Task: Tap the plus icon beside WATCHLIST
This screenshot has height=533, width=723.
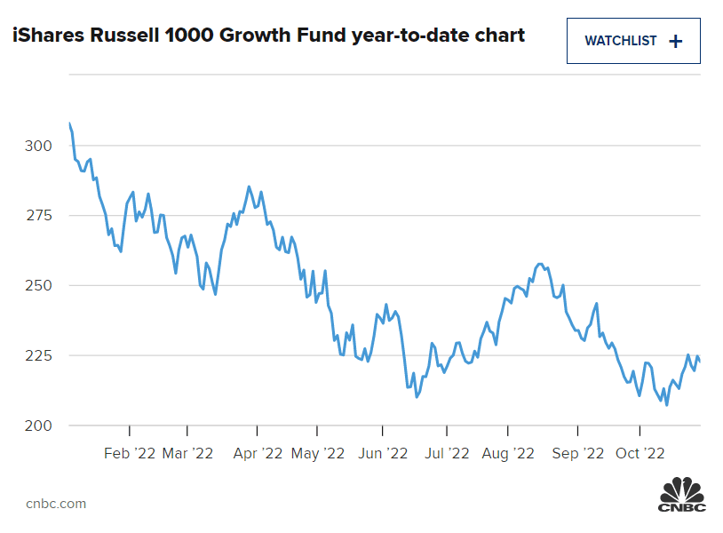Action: coord(675,41)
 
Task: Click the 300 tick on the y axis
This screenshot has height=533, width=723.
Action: coord(41,146)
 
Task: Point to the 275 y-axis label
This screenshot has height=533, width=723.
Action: coord(41,216)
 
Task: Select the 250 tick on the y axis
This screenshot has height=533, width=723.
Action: coord(41,286)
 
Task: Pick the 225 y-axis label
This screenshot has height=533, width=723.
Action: coord(41,355)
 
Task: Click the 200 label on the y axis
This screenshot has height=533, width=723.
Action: coord(41,426)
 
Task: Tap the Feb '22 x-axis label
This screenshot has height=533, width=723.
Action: coord(130,453)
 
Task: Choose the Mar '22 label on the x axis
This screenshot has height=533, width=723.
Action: coord(188,453)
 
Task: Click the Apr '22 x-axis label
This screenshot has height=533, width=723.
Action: coord(257,453)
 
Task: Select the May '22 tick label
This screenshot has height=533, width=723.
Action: coord(318,453)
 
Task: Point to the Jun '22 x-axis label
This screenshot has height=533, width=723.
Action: coord(382,453)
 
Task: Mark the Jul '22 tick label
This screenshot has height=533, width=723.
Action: coord(446,453)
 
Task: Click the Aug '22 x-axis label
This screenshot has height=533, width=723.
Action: coord(508,453)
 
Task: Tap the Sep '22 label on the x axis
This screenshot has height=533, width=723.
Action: coord(577,453)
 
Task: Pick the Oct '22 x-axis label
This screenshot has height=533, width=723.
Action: coord(640,453)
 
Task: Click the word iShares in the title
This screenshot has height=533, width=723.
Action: coord(42,36)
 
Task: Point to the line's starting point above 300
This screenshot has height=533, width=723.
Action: coord(69,123)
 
